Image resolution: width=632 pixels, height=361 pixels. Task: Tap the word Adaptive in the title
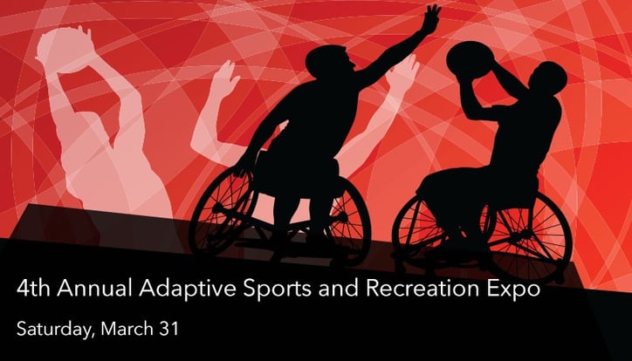(188, 289)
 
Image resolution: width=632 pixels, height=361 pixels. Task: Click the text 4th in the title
(33, 289)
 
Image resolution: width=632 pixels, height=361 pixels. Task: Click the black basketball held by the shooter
(468, 58)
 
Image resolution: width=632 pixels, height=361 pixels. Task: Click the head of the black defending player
(328, 60)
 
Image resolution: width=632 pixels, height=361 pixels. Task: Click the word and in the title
(339, 288)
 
